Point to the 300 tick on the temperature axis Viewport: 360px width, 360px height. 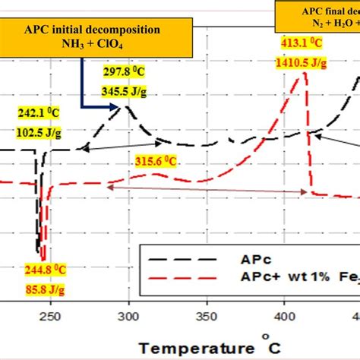[129, 316]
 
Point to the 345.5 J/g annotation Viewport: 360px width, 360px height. [125, 91]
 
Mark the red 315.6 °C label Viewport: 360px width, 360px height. [156, 161]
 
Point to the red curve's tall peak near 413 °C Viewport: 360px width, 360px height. [305, 73]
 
